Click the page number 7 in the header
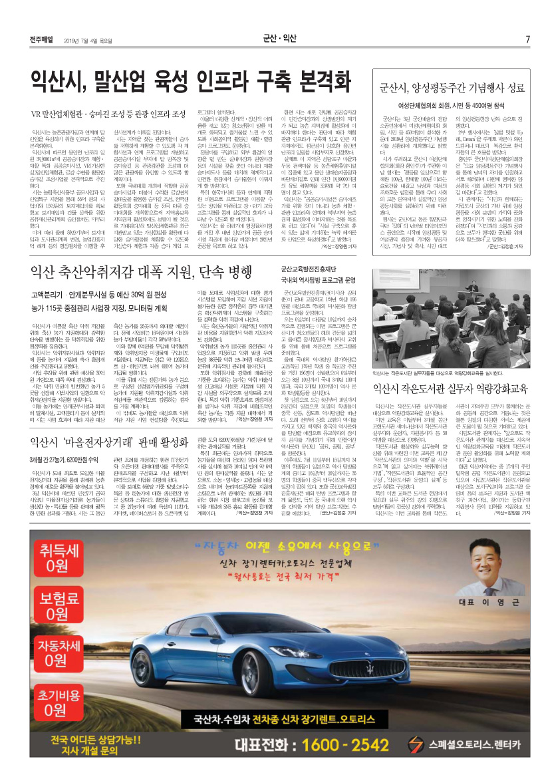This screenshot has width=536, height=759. click(527, 37)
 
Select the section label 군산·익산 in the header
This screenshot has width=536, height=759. click(279, 37)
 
